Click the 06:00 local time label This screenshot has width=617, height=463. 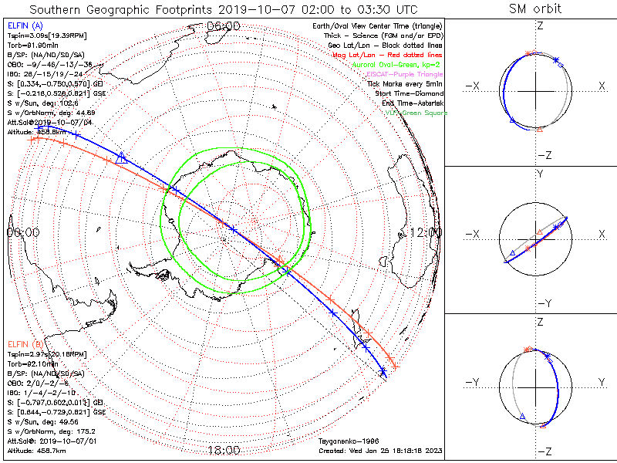tap(224, 25)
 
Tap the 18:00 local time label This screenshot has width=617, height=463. tap(224, 450)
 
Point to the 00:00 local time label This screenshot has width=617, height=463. tap(22, 231)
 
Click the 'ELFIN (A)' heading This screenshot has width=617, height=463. tap(24, 25)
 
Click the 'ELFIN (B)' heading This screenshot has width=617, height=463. tap(24, 344)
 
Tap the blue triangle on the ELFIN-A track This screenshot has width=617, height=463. tap(120, 158)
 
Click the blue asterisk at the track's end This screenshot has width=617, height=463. tap(383, 373)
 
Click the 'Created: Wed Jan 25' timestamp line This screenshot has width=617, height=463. tap(380, 450)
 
